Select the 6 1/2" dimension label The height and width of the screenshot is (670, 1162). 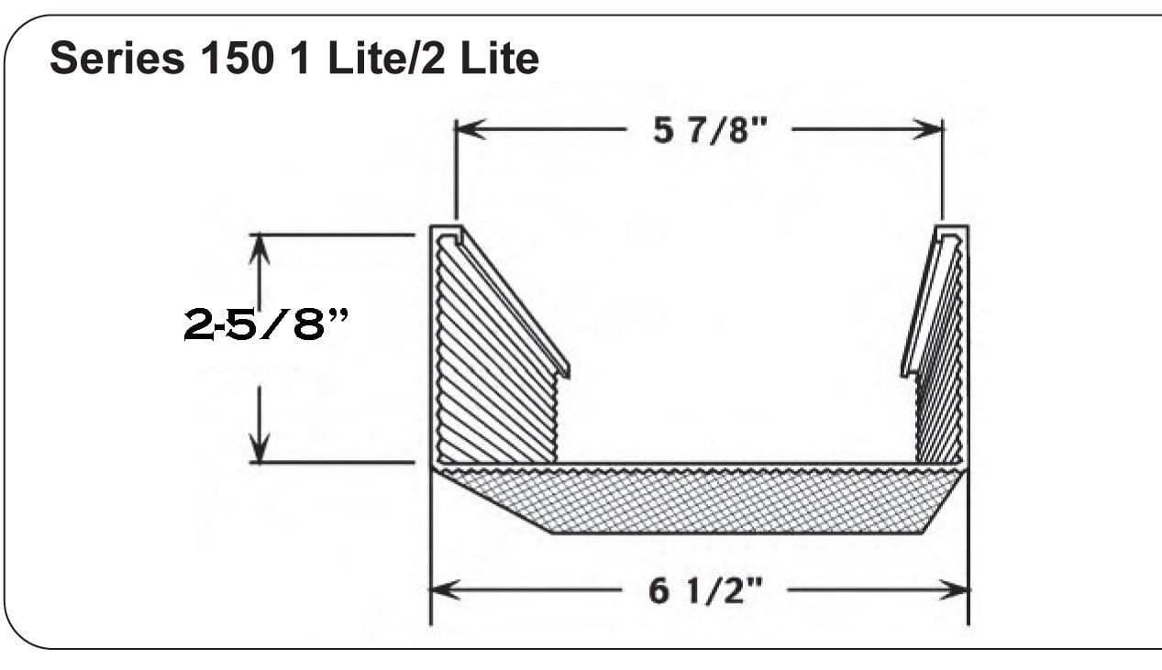704,591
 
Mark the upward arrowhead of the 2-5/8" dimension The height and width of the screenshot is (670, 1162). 261,247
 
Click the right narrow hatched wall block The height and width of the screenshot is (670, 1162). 939,403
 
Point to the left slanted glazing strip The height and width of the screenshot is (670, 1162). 514,302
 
